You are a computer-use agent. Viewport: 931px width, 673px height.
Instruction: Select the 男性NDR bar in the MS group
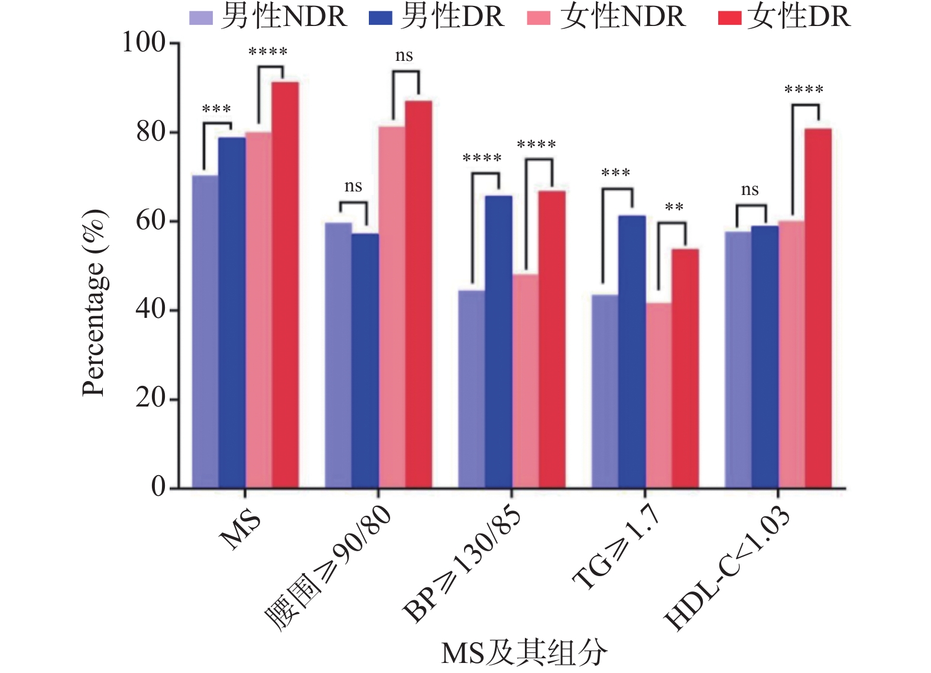205,331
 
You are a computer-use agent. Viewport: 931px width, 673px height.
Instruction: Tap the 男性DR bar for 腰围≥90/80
365,360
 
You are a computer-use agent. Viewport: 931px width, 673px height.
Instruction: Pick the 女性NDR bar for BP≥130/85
525,381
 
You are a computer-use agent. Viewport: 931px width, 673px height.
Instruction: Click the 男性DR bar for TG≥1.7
632,352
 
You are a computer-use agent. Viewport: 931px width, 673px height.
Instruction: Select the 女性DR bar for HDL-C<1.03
818,308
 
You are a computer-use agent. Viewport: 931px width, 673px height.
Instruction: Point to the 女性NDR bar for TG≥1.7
658,395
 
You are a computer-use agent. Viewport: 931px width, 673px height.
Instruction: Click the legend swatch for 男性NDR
200,18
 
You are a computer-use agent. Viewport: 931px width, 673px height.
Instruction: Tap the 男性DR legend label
452,17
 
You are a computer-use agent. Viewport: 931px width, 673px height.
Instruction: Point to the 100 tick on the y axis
144,43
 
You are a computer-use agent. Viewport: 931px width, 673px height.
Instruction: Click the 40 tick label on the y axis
151,310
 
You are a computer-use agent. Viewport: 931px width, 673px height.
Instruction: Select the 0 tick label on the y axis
158,487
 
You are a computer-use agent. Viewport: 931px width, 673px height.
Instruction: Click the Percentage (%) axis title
94,303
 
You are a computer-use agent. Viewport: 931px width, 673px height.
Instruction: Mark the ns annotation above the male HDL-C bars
750,190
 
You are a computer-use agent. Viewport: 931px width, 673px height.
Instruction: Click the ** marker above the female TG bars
674,207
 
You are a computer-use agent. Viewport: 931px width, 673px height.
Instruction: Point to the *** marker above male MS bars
216,109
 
